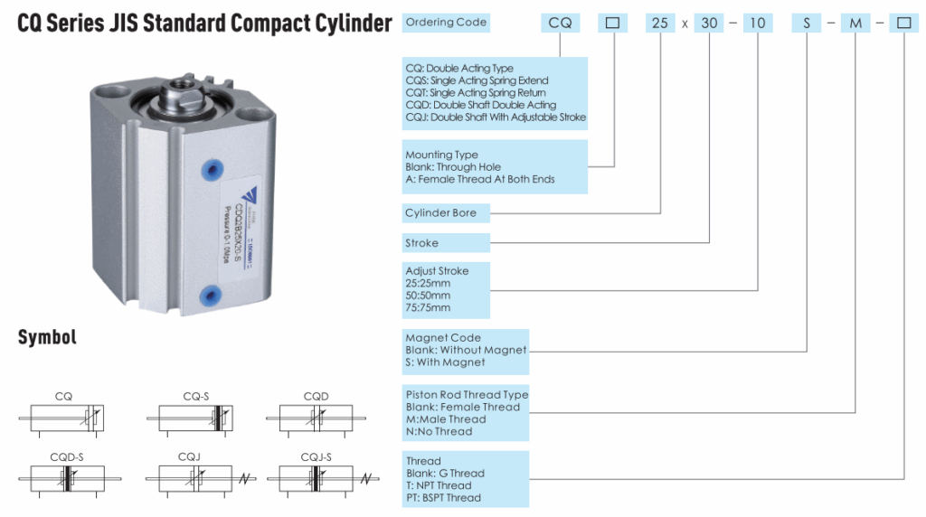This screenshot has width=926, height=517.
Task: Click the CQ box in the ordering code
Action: (x=561, y=23)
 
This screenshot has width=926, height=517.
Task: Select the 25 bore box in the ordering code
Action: (x=661, y=23)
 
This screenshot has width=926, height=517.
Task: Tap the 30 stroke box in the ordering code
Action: (x=711, y=23)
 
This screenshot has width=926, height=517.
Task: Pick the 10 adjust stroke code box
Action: (x=758, y=23)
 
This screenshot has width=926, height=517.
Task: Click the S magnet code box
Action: (x=807, y=23)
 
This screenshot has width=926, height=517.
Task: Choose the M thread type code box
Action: (x=855, y=23)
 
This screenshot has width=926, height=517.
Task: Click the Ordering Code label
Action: (x=446, y=23)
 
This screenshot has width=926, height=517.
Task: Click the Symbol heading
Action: (x=47, y=338)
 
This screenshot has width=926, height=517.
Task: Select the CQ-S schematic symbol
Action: (x=196, y=417)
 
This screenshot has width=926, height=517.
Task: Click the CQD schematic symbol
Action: (x=317, y=417)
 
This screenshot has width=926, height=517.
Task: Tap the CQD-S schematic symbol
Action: (x=69, y=476)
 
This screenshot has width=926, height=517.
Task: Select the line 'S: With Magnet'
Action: (x=446, y=362)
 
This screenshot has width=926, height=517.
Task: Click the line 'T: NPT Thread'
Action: (x=439, y=485)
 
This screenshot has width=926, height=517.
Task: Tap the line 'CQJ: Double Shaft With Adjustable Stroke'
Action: (x=496, y=117)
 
